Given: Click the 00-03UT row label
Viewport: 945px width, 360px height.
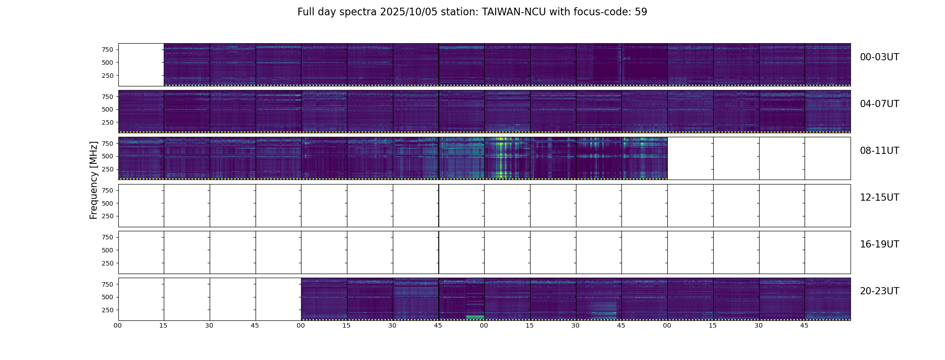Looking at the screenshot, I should [879, 57].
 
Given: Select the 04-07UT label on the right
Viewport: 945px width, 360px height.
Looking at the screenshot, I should [879, 104].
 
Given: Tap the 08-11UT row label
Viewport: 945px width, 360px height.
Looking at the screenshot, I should [879, 151].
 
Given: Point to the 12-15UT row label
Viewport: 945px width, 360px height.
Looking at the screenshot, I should [879, 198].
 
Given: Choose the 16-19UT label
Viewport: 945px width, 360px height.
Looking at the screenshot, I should [879, 244].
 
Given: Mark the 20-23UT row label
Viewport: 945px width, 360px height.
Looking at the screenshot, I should [879, 291].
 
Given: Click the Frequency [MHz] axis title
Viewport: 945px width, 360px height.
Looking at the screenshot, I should [94, 180].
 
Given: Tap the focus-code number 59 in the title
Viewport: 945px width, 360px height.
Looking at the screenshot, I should [641, 12].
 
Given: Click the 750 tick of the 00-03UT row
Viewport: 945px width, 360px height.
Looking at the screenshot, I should [107, 49].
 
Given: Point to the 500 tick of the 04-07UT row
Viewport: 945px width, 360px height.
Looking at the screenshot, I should [107, 109].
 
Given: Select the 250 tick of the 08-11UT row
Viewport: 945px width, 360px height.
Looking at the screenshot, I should [107, 169].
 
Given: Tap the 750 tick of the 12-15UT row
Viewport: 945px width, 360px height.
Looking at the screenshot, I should [107, 190].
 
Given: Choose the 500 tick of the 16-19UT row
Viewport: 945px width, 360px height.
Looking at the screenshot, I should [107, 250].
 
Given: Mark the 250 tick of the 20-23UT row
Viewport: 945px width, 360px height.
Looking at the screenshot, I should [107, 310].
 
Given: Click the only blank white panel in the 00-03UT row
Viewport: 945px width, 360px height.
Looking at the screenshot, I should [141, 64].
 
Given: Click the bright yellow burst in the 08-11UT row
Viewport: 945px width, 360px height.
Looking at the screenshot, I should [500, 157].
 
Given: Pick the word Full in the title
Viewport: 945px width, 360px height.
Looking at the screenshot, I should [306, 12].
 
